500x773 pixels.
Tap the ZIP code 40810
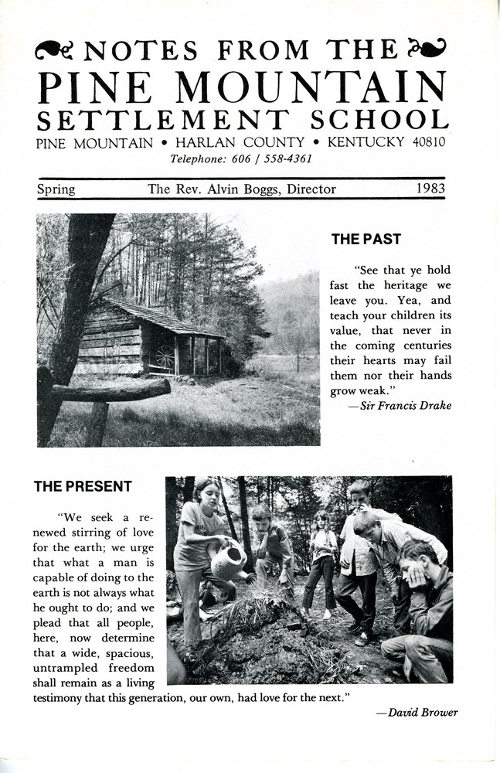pyautogui.click(x=427, y=142)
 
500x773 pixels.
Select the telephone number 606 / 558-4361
pyautogui.click(x=275, y=159)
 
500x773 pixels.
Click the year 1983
pyautogui.click(x=429, y=188)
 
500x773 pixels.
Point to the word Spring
pyautogui.click(x=56, y=189)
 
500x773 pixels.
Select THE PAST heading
pyautogui.click(x=366, y=240)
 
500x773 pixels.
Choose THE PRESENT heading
pyautogui.click(x=83, y=486)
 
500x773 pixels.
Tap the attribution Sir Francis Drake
pyautogui.click(x=404, y=406)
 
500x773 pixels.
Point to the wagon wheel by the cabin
pyautogui.click(x=164, y=356)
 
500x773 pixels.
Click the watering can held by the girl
pyautogui.click(x=229, y=562)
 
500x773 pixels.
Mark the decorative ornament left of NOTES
pyautogui.click(x=54, y=50)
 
